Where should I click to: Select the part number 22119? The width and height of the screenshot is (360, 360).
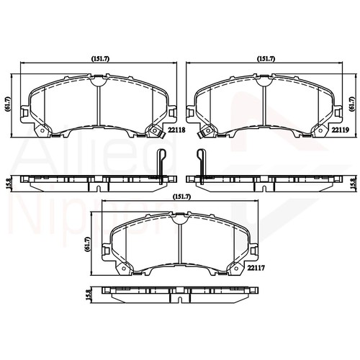pyautogui.click(x=340, y=130)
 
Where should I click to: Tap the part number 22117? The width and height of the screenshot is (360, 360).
pyautogui.click(x=257, y=268)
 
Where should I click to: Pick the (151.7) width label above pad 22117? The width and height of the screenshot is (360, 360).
pyautogui.click(x=181, y=196)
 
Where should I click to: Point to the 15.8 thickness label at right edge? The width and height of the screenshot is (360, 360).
pyautogui.click(x=352, y=181)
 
